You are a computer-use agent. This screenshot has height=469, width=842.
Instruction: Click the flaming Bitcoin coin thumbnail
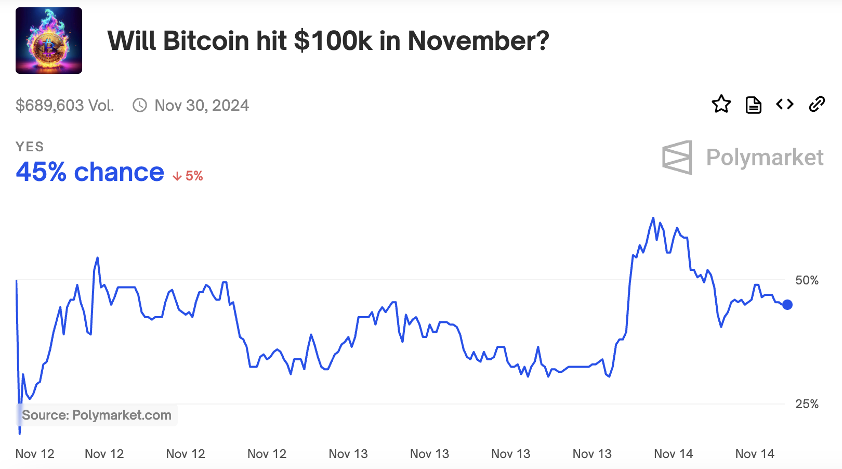(49, 41)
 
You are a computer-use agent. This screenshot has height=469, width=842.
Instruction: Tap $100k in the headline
(333, 41)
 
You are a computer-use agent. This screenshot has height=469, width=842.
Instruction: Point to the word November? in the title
(478, 41)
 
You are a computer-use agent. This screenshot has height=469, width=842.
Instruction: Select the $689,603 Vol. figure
(64, 106)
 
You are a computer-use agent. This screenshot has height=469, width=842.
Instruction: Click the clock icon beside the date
(140, 106)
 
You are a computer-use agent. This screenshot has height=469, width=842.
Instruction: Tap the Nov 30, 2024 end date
(202, 106)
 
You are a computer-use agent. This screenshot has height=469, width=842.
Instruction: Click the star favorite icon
(721, 105)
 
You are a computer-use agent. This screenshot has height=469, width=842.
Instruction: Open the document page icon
(753, 105)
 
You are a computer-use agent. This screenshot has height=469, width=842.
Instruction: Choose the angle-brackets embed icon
(785, 105)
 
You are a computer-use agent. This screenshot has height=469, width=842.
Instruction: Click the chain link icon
(817, 105)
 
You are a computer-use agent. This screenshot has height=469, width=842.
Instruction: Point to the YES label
(30, 147)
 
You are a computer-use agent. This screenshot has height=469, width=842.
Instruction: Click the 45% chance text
(90, 172)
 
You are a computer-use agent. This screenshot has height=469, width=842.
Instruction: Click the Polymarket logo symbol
(677, 157)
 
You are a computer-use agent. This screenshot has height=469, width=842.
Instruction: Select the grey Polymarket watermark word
(765, 157)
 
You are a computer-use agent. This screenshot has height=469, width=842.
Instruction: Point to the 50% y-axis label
(807, 280)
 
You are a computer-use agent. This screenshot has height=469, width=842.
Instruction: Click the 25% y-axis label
(807, 404)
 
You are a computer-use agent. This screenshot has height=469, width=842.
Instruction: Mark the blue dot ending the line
(787, 305)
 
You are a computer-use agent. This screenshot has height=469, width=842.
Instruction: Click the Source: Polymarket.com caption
(97, 415)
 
